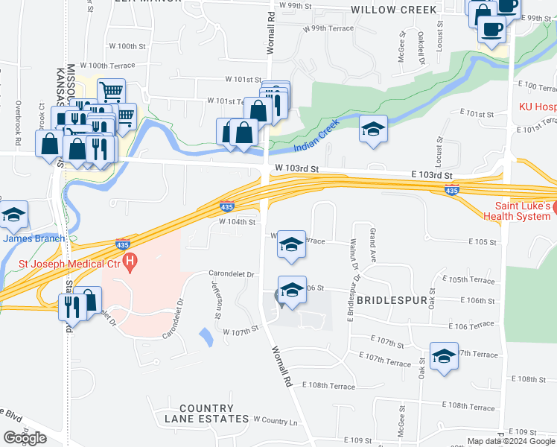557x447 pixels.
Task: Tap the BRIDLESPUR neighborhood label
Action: pos(390,300)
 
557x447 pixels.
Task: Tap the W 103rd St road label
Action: pos(296,169)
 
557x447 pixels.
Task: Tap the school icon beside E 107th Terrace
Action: pos(443,355)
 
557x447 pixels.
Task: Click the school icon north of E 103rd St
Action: pos(373,128)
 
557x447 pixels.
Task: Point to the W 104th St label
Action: pos(237,222)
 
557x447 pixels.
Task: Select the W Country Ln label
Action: pos(276,421)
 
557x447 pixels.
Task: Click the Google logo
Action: pos(25,438)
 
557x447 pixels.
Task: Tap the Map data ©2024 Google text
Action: pos(511,441)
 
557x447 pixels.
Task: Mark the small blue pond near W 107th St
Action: pos(206,337)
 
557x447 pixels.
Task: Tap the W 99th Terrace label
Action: pos(328,28)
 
